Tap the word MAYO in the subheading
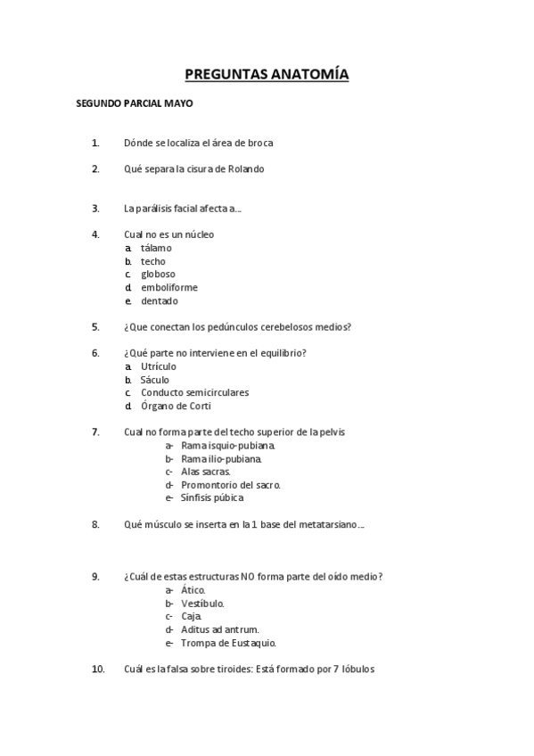point(179,103)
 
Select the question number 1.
point(95,143)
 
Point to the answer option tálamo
point(156,248)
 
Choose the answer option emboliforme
point(169,288)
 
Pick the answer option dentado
point(160,301)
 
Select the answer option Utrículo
point(159,366)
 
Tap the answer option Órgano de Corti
point(176,407)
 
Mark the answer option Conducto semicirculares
point(194,393)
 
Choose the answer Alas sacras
point(206,472)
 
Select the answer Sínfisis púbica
point(212,498)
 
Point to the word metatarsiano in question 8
point(331,524)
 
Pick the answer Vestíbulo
point(203,604)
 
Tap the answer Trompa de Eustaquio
point(228,643)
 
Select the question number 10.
point(97,670)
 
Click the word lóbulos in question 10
point(357,670)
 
